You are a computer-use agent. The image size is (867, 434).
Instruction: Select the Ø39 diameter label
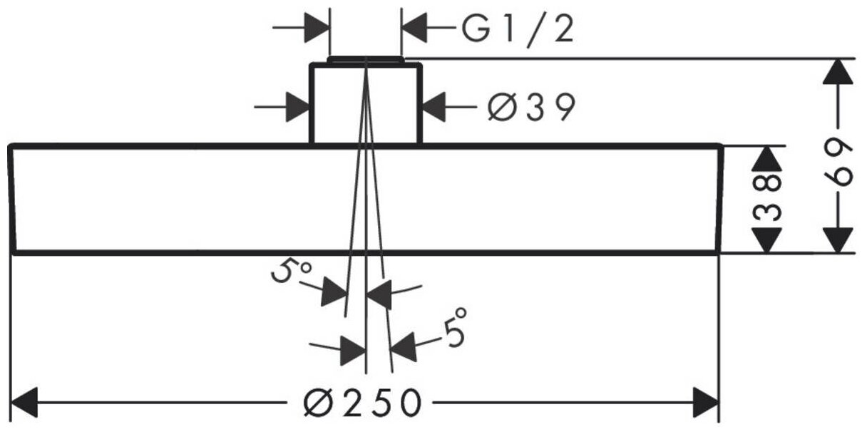pos(530,108)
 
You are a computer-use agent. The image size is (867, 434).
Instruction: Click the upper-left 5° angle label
pos(291,272)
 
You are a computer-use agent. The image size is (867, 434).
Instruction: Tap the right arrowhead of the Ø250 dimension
pos(705,403)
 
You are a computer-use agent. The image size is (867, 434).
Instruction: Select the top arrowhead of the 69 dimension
pos(838,72)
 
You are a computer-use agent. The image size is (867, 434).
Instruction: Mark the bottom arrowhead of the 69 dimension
pos(838,238)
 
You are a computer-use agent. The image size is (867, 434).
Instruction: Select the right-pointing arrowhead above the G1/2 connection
pos(317,29)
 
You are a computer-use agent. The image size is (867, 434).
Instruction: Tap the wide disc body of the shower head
pos(178,200)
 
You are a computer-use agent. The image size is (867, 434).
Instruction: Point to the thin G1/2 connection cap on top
pos(365,59)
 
